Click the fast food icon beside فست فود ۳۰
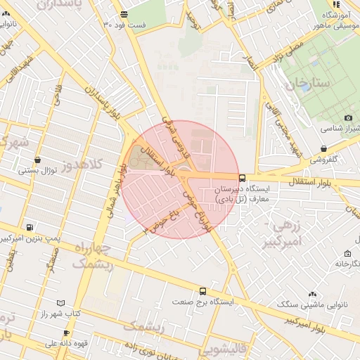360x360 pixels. [x=124, y=14]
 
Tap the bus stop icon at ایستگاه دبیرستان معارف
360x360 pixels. [x=243, y=178]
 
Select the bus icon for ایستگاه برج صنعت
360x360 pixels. [x=203, y=291]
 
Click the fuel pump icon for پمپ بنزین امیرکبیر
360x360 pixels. [x=29, y=227]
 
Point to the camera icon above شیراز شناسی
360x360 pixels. [x=348, y=117]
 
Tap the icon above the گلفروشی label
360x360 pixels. [x=323, y=149]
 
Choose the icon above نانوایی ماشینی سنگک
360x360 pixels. [x=311, y=295]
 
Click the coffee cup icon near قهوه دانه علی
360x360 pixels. [x=66, y=333]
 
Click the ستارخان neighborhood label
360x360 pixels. [x=308, y=84]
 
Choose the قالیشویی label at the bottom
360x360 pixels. [x=223, y=349]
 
